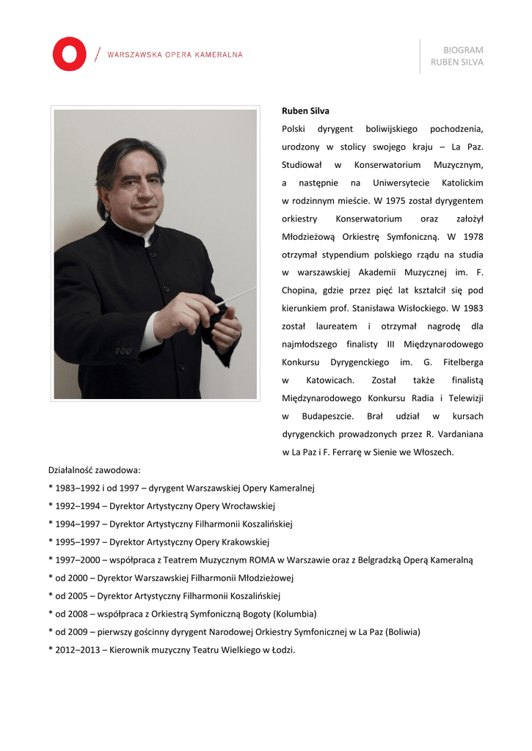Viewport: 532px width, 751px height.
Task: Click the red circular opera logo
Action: [70, 54]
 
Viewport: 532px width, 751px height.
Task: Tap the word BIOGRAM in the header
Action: [463, 50]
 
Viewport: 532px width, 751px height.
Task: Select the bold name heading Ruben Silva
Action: [305, 111]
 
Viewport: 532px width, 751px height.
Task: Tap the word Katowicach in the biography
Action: [329, 381]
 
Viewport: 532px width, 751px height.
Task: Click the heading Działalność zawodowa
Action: [95, 470]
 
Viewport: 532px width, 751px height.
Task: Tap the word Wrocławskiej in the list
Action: [247, 506]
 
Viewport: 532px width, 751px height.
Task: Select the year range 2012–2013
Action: [78, 650]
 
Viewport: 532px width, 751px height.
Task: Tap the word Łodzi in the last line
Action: [281, 650]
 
